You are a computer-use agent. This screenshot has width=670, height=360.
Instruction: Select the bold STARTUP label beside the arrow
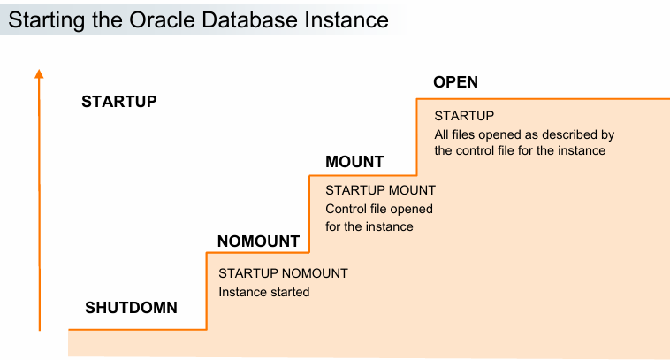[118, 101]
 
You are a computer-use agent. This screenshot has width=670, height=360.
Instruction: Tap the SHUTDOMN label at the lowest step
[131, 308]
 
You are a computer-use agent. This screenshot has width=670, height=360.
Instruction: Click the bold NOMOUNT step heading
[258, 241]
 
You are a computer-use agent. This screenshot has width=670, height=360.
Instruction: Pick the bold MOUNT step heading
[354, 162]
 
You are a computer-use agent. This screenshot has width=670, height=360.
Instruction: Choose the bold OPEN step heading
[455, 82]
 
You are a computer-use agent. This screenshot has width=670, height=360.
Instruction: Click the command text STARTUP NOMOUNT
[283, 273]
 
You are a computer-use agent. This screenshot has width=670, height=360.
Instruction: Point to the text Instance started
[263, 291]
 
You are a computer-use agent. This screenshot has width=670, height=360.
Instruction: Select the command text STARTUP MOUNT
[380, 190]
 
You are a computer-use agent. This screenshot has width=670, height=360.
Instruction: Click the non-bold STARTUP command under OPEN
[463, 116]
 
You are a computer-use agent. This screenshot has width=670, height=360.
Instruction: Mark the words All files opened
[478, 134]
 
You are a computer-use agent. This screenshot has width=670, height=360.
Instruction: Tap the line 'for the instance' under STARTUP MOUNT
[369, 226]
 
